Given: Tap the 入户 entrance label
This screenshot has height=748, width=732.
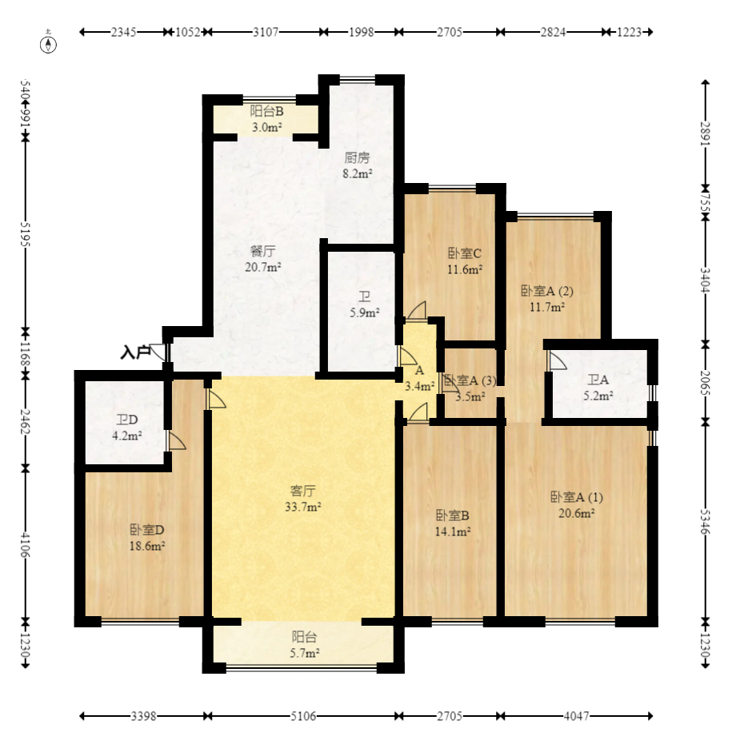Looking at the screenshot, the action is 135,352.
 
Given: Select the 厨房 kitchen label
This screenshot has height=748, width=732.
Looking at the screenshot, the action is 357,158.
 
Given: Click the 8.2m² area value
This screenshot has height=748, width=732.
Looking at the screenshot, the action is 357,173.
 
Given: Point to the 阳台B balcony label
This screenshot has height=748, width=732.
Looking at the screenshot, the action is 267,111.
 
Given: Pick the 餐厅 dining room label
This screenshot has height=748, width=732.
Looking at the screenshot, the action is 262,251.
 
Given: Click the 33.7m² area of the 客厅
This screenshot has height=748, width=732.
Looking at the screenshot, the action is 302,507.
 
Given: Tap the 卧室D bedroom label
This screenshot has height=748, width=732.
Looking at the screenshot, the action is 147,530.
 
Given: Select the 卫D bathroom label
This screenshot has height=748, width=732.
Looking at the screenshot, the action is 127,420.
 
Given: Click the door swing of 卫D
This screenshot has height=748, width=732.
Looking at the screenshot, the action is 177,441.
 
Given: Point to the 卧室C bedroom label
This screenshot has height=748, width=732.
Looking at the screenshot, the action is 465,253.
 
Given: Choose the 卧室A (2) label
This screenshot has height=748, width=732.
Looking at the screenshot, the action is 546,291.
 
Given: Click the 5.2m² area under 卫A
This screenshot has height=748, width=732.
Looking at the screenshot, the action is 598,396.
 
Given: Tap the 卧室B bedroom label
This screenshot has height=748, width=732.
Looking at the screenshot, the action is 453,515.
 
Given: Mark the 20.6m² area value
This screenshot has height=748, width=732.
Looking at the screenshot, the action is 576,513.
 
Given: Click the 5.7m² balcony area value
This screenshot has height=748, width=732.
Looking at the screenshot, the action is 305,653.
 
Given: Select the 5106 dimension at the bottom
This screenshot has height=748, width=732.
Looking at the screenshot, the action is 303,716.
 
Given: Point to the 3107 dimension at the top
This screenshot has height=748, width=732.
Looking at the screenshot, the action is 266,32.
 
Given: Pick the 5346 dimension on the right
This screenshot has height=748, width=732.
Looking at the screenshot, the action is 706,522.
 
